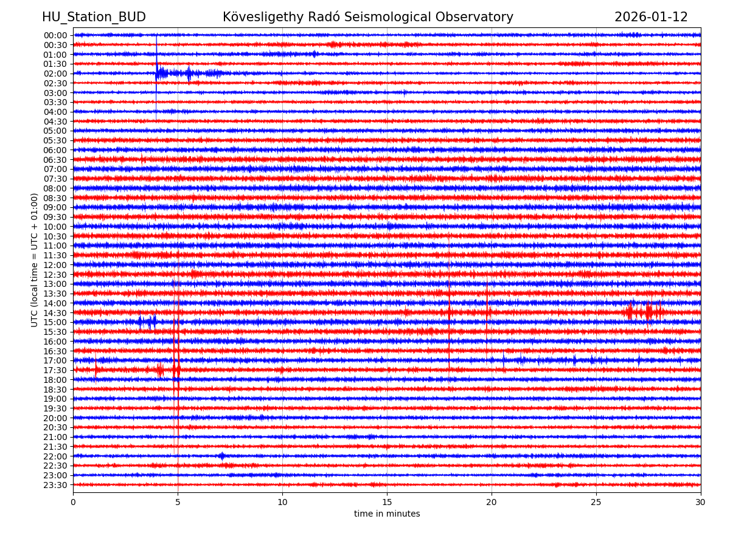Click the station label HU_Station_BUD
94,17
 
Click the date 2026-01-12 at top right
651,17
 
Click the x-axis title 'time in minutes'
387,514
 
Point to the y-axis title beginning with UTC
35,260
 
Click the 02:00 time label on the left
55,74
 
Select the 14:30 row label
55,313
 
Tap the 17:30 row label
55,370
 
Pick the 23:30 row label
55,485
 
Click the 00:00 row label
55,35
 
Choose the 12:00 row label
55,265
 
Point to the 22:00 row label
55,456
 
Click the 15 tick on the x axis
387,502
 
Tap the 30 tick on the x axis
701,502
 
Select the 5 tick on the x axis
178,502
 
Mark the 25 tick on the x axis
596,502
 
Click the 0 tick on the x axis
73,502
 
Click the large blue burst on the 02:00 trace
161,74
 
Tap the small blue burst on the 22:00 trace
221,456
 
